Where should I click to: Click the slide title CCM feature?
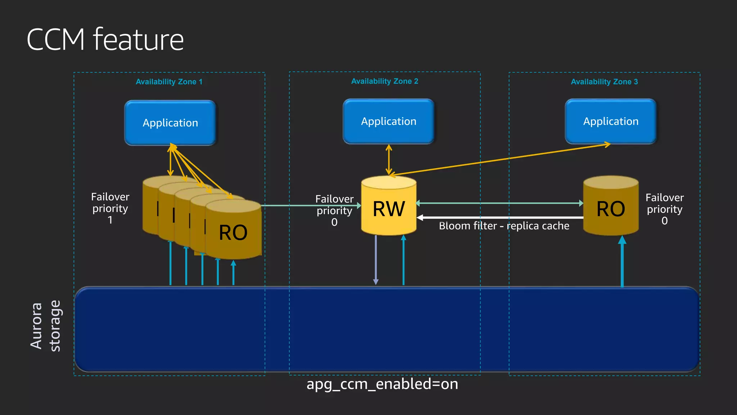point(105,40)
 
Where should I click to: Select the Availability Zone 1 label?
point(169,82)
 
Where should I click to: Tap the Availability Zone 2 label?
point(384,81)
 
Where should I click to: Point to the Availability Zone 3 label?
point(604,82)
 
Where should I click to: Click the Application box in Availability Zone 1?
point(170,123)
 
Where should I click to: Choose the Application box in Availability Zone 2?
point(389,121)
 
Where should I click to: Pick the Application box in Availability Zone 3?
point(611,121)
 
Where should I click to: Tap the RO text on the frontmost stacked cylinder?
point(233,233)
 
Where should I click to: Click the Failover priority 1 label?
point(110,208)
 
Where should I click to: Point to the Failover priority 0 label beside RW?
point(334,210)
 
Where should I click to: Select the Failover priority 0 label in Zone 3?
point(664,209)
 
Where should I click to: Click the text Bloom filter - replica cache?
point(504,226)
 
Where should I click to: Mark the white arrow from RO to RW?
point(500,218)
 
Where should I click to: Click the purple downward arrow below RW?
point(376,259)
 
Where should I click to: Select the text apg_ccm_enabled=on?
point(382,384)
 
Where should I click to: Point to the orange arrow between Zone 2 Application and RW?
point(389,160)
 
